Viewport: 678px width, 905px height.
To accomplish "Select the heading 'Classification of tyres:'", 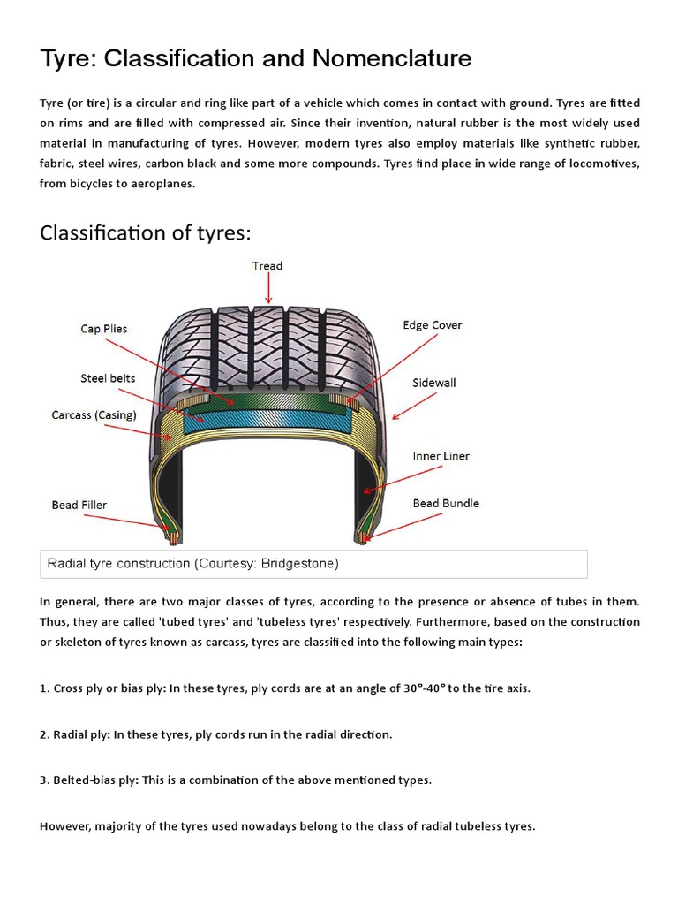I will [146, 232].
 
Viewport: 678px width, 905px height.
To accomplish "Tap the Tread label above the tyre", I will [267, 265].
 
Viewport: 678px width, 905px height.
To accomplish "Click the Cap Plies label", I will [104, 329].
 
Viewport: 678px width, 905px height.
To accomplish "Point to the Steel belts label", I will [108, 378].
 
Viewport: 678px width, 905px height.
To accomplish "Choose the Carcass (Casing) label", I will [95, 414].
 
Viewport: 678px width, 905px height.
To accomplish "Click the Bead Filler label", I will [79, 505].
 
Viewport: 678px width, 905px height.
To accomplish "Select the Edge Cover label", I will [433, 325].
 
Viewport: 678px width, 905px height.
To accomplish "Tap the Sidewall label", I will [434, 383].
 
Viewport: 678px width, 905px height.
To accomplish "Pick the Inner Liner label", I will [441, 456].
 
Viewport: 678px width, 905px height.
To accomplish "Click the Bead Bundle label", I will [446, 503].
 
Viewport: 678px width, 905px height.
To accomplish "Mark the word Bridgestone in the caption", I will [297, 563].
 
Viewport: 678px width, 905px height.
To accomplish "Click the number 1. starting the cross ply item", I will [45, 688].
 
